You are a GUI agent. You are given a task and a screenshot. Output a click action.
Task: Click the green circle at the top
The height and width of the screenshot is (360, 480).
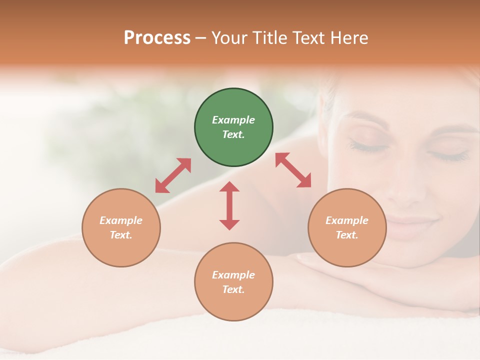[x=233, y=127]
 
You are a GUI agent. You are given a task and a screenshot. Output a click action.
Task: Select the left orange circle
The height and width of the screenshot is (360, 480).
[x=121, y=227]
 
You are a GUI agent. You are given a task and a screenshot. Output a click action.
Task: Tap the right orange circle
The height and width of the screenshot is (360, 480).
[x=347, y=227]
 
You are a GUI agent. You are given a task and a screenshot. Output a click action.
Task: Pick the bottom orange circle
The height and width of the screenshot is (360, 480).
[x=233, y=281]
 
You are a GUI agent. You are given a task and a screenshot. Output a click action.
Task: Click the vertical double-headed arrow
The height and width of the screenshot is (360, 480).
[x=229, y=205]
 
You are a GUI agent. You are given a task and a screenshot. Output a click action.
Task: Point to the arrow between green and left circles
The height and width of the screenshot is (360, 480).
[x=173, y=175]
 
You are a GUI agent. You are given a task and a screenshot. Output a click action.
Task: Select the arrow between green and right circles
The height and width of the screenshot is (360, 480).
[x=293, y=170]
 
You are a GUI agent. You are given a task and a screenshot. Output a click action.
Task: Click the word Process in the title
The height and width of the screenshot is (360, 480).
[x=157, y=38]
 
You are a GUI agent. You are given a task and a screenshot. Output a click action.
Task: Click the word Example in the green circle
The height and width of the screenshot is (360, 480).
[x=233, y=120]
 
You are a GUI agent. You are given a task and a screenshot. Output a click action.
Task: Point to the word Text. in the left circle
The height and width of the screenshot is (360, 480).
[x=121, y=235]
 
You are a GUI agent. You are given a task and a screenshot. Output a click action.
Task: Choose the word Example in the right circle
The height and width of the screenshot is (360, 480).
[x=347, y=220]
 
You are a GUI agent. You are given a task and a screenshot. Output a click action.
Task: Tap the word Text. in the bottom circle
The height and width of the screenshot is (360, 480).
[x=233, y=289]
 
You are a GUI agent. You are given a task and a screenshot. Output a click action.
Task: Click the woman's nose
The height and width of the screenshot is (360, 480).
[x=411, y=190]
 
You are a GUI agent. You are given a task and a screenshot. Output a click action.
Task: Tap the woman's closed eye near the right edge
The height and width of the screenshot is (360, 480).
[x=449, y=156]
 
